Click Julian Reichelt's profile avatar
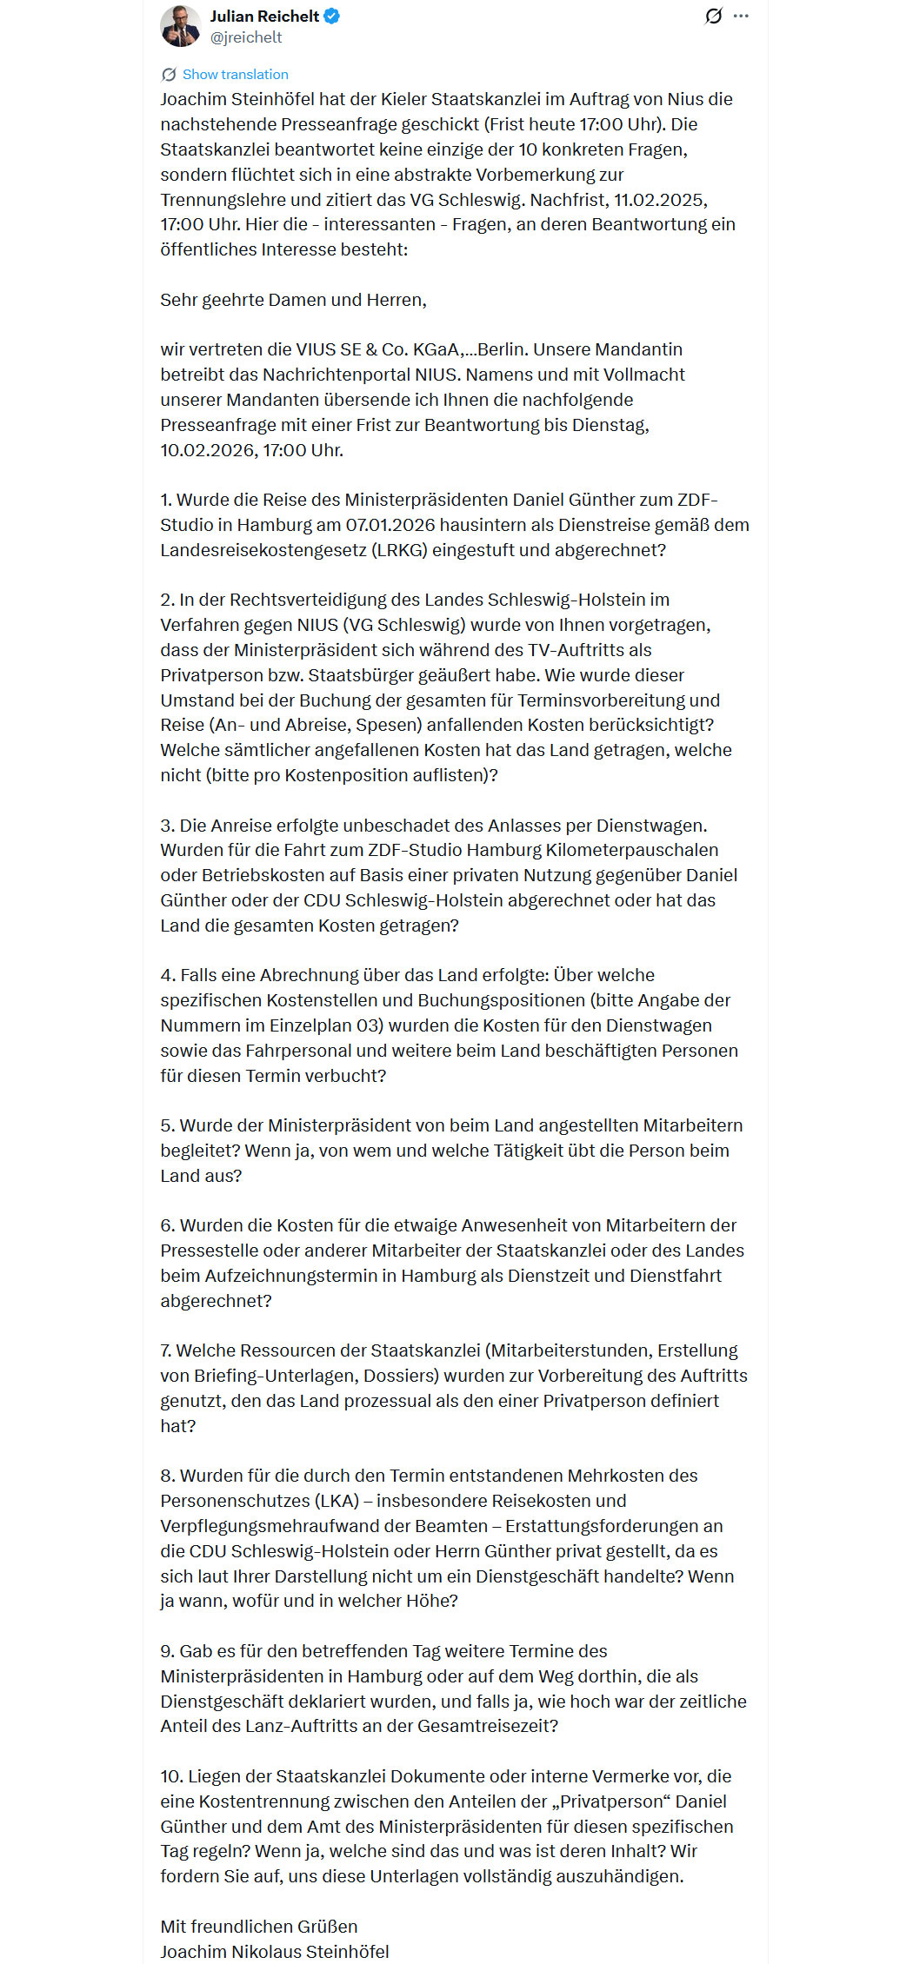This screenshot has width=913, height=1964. (181, 26)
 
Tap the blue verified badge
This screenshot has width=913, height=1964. (332, 16)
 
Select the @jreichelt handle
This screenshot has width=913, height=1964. (246, 37)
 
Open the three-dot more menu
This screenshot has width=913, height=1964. (741, 16)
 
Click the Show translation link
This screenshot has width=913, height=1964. (235, 75)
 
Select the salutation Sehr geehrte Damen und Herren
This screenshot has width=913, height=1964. (293, 300)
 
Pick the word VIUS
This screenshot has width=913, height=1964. (317, 349)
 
